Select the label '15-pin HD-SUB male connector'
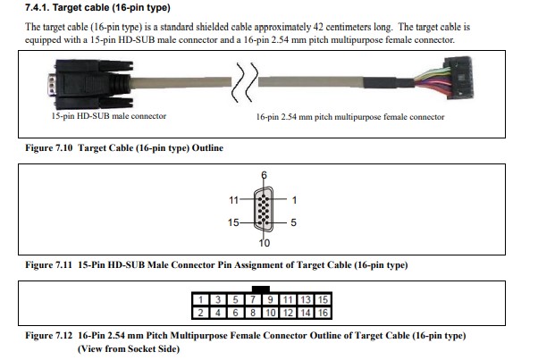[109, 116]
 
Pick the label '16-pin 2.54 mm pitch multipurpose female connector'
[349, 117]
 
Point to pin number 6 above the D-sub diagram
[265, 174]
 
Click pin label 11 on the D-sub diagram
[233, 200]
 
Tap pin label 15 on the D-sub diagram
[233, 222]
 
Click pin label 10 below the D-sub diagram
[265, 244]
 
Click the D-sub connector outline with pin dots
[265, 210]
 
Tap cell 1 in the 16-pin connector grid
[203, 299]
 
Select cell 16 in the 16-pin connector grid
[324, 313]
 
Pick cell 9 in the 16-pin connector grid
[271, 299]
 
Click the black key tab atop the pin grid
[262, 289]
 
